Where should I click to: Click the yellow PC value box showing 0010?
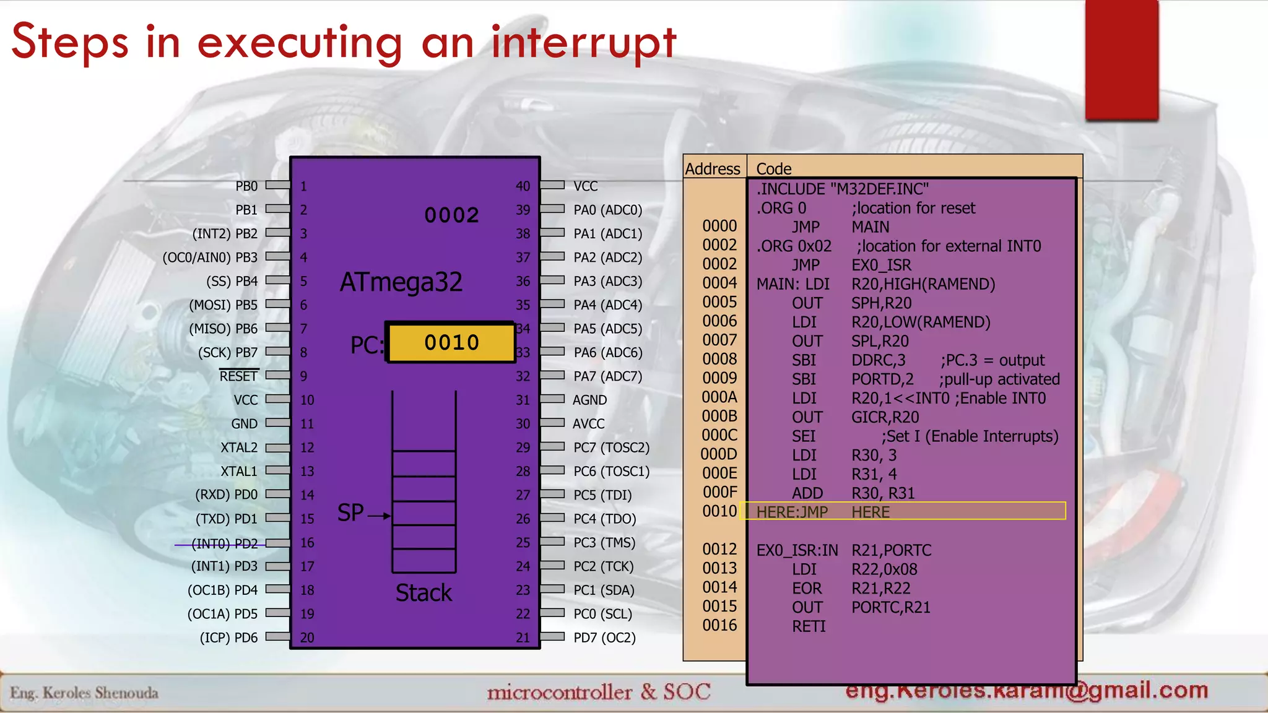tap(451, 342)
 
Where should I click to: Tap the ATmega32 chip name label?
tap(401, 282)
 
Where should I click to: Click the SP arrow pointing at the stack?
tap(379, 515)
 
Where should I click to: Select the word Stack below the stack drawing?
tap(423, 593)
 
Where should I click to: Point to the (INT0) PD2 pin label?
tap(224, 543)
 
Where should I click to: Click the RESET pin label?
tap(238, 376)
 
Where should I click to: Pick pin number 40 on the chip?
tap(523, 186)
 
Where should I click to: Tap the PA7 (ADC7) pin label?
tap(607, 376)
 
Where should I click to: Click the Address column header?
tap(713, 169)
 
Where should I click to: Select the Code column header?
tap(774, 169)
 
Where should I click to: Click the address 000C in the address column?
tap(719, 436)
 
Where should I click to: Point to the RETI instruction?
tap(809, 626)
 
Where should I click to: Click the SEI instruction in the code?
tap(804, 436)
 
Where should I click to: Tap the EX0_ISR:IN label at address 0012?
tap(797, 550)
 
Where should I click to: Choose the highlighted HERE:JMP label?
tap(792, 512)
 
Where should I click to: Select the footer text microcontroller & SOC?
tap(598, 692)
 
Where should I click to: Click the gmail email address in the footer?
tap(1027, 690)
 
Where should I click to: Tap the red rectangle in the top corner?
tap(1121, 60)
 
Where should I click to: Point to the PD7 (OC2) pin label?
tap(604, 637)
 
